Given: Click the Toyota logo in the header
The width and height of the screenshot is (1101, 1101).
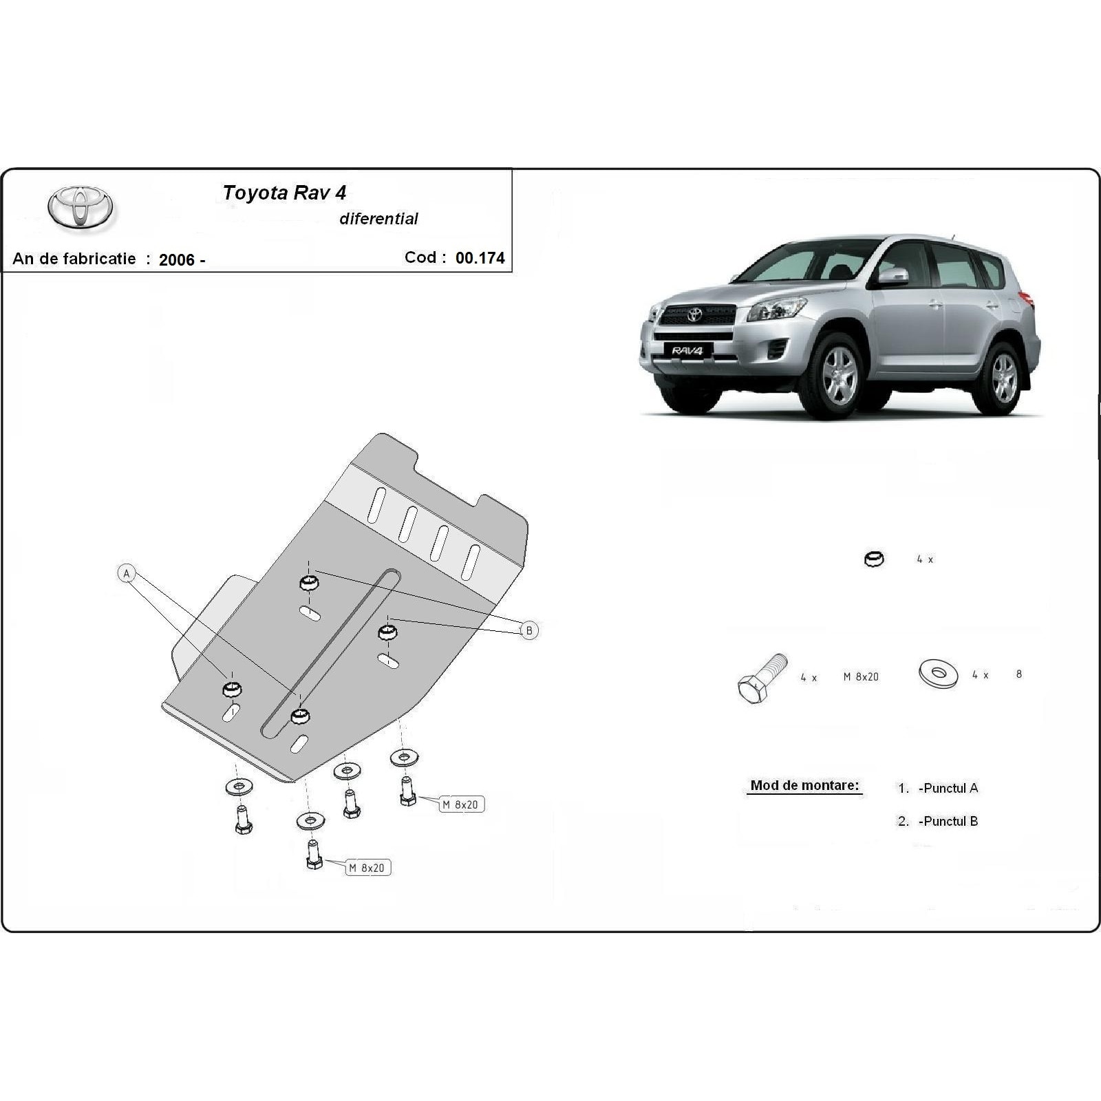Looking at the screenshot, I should click(x=81, y=206).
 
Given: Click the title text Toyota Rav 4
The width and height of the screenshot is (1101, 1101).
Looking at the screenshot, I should click(x=284, y=193).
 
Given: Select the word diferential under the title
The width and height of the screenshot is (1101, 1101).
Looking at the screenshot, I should click(x=378, y=219).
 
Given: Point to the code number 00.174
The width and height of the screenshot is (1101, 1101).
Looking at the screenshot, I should click(x=480, y=258).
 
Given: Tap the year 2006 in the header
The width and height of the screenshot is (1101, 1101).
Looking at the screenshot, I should click(x=177, y=259).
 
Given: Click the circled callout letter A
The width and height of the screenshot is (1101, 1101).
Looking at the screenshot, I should click(x=127, y=573).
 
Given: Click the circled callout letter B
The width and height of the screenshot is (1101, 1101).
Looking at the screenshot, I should click(x=528, y=630).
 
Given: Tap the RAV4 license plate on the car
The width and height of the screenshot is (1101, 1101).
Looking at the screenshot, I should click(x=687, y=351).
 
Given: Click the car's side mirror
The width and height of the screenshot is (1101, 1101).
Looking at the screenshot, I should click(x=892, y=277).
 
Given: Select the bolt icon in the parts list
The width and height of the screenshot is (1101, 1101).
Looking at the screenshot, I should click(x=761, y=677).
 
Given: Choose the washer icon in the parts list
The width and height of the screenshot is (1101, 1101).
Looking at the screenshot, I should click(x=938, y=674).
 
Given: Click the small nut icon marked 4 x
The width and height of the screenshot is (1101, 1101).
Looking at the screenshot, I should click(x=873, y=559).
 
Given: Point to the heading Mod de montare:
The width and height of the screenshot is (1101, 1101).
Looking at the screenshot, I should click(x=804, y=785).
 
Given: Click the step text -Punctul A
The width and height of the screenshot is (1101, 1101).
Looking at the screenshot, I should click(x=948, y=789).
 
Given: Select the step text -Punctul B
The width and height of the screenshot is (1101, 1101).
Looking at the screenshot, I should click(x=948, y=821).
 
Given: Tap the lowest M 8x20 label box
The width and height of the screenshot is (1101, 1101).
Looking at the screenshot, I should click(x=367, y=868).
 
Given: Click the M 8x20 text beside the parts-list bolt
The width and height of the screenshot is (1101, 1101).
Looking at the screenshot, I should click(x=861, y=676).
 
